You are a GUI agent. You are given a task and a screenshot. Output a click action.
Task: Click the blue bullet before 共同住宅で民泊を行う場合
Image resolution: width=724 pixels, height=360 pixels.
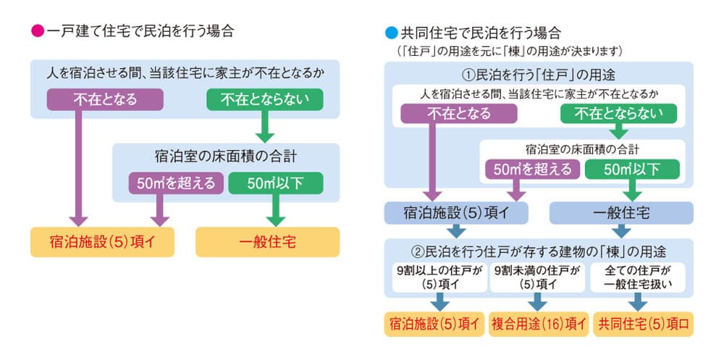point(391,33)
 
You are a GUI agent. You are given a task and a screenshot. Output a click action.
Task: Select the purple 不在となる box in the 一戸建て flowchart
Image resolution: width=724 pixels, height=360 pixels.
point(105,99)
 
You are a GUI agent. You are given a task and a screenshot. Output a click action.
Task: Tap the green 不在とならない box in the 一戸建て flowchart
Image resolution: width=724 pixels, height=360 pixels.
point(264,99)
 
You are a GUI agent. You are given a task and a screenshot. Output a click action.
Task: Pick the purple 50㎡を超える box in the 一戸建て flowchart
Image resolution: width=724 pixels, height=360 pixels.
point(176,183)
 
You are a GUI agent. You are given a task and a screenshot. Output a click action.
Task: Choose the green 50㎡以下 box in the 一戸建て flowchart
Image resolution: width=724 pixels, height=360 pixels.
point(276,183)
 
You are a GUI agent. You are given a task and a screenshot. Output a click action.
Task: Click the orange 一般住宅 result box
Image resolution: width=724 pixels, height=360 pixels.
point(267,242)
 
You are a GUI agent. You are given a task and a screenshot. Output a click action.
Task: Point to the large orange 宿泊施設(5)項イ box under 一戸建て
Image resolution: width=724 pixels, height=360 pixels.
point(103,242)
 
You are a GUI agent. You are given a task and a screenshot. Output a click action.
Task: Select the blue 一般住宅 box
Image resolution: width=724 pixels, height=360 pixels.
point(621,213)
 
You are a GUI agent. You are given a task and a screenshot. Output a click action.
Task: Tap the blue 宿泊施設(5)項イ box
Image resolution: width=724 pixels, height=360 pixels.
point(456,213)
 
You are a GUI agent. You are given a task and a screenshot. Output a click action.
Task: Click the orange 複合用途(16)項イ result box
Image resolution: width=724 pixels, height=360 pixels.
point(539,324)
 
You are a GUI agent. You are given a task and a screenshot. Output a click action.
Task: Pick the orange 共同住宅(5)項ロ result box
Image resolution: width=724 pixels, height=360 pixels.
point(643,324)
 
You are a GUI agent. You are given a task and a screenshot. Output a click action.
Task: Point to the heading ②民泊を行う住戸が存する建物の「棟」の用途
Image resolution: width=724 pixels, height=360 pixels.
point(539,252)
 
